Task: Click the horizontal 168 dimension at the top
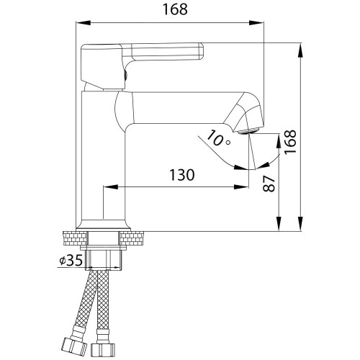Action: pyautogui.click(x=175, y=9)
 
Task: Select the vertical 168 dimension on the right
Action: pyautogui.click(x=290, y=142)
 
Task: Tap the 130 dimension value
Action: pyautogui.click(x=182, y=175)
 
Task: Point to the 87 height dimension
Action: pyautogui.click(x=269, y=184)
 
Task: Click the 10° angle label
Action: pyautogui.click(x=218, y=138)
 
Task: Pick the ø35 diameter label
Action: pyautogui.click(x=71, y=260)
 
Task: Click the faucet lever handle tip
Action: pyautogui.click(x=201, y=51)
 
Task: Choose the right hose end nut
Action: pyautogui.click(x=103, y=350)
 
